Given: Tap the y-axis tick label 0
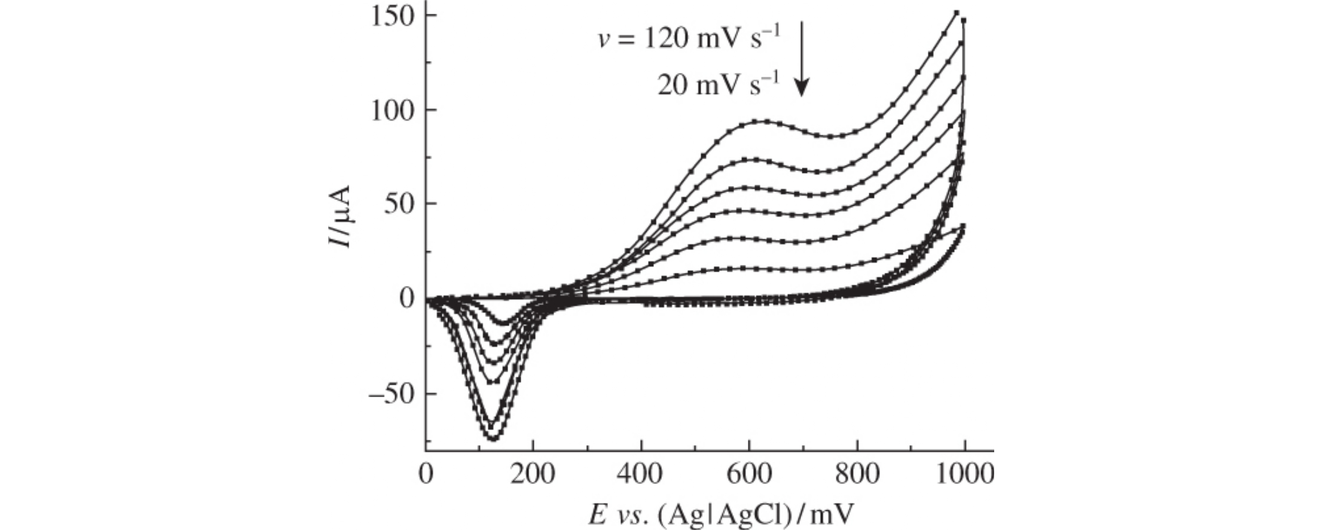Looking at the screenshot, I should (407, 298).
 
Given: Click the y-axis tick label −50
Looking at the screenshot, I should (392, 394).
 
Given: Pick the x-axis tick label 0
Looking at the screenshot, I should (426, 474).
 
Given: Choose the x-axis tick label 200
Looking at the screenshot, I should (533, 474).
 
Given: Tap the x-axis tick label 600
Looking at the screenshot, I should (748, 474).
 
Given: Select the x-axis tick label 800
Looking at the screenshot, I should (857, 474).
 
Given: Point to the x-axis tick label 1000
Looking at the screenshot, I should (964, 474).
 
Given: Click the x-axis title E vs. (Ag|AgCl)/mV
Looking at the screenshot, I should (721, 513).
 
